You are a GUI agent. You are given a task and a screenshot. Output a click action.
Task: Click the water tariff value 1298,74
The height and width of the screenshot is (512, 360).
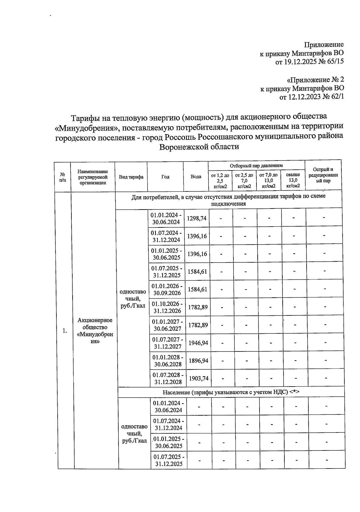click(x=196, y=218)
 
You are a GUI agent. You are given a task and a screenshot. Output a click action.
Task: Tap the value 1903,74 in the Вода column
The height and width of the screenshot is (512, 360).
click(x=198, y=378)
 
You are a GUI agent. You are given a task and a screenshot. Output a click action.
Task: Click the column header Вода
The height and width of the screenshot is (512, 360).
click(x=196, y=176)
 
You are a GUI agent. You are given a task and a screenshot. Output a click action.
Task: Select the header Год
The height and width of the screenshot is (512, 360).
click(x=165, y=177)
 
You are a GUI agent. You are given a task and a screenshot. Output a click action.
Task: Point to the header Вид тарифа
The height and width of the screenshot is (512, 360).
click(x=131, y=177)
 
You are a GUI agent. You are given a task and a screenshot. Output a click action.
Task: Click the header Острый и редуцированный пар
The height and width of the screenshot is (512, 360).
click(x=323, y=175)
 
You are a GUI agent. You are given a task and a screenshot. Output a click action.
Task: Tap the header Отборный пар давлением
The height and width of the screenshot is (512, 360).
click(x=256, y=166)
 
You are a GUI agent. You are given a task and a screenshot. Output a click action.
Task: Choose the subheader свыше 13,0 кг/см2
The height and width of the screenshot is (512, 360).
click(x=293, y=180)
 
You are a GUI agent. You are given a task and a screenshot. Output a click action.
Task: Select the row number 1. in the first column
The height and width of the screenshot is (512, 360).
click(x=65, y=331)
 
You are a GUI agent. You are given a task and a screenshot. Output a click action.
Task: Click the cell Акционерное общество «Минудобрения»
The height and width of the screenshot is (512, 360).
click(x=95, y=331)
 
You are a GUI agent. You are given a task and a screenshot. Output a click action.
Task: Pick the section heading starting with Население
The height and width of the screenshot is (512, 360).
click(x=231, y=392)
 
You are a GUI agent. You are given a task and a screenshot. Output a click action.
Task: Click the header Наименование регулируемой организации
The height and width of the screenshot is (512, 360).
click(x=93, y=177)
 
